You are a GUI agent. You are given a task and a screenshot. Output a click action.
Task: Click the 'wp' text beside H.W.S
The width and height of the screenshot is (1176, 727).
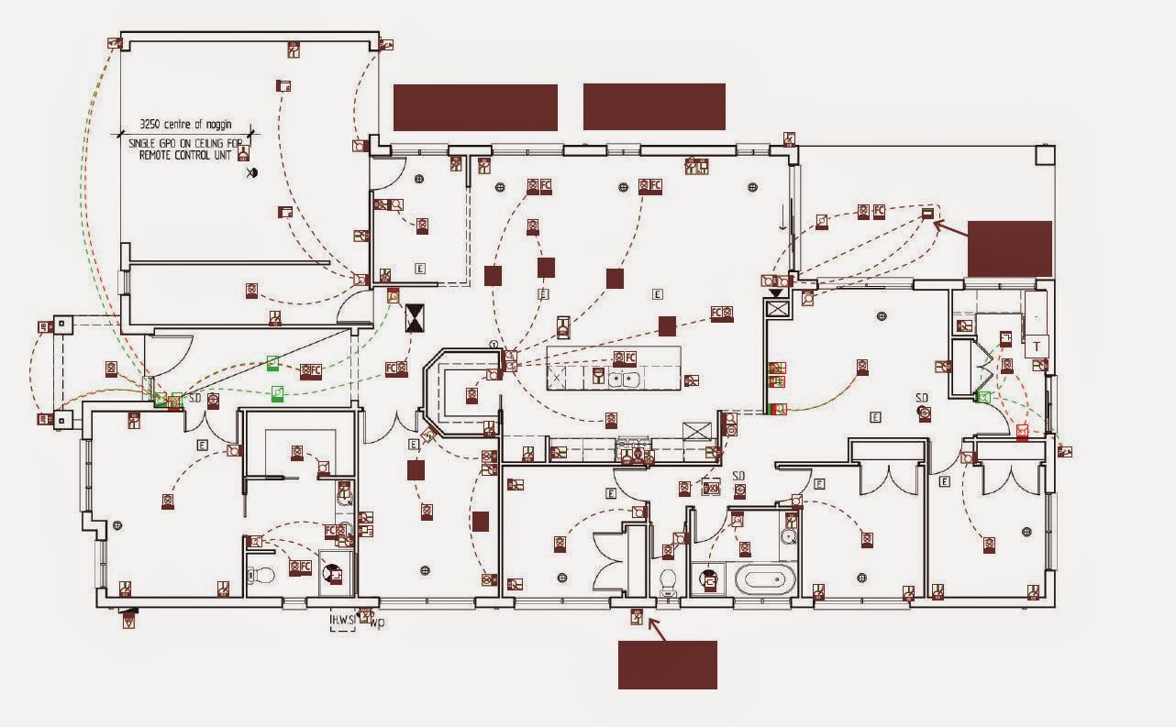[x=376, y=623]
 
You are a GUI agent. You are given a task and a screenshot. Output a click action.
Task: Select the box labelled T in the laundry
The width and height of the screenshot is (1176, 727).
[x=1037, y=346]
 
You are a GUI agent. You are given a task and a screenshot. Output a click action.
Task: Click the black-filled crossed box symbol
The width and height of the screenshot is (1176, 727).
[x=416, y=319]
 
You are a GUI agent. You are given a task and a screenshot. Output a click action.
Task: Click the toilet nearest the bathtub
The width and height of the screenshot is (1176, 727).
[x=667, y=579]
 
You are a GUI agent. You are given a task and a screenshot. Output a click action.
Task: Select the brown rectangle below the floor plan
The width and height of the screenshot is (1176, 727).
[x=667, y=665]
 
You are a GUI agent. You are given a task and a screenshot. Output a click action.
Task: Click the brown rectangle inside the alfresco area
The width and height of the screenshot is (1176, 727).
[x=1009, y=248]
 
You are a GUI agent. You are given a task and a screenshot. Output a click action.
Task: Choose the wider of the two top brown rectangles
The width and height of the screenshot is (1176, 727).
[x=475, y=107]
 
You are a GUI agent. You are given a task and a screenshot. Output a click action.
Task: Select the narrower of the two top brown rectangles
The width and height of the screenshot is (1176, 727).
[x=654, y=107]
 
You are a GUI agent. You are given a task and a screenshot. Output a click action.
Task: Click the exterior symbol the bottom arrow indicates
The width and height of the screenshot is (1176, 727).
[x=637, y=619]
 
